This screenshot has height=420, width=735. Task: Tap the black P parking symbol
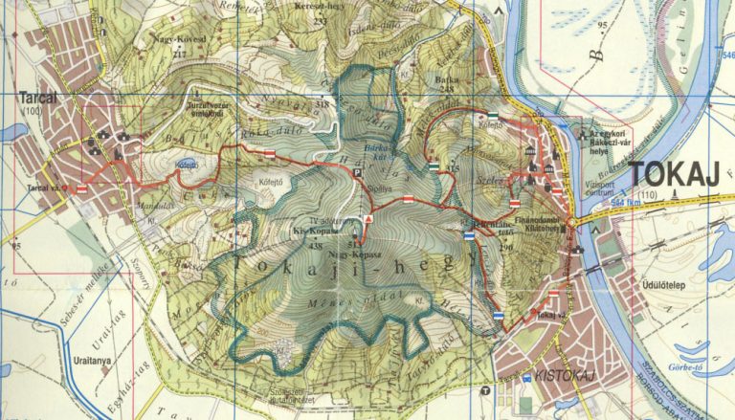(357, 174)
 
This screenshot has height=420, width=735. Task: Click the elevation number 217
(179, 55)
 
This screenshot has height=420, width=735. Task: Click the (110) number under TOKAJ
(649, 196)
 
